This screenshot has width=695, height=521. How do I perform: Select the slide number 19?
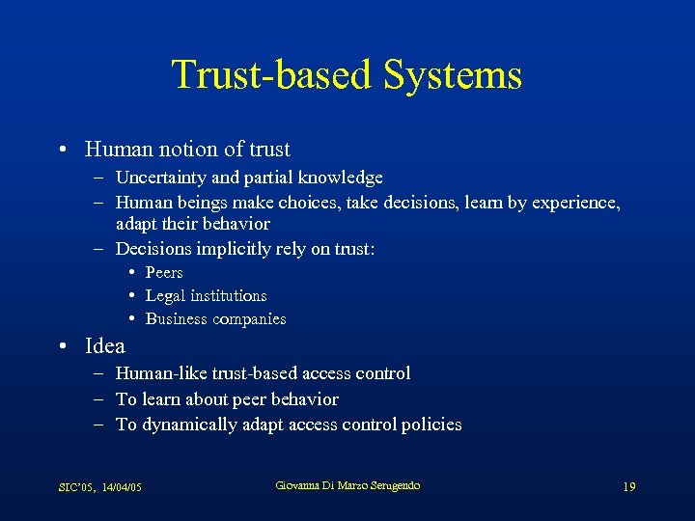coord(629,487)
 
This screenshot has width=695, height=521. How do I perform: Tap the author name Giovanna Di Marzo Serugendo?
coord(347,485)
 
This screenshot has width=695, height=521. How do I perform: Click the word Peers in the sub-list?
coord(164,273)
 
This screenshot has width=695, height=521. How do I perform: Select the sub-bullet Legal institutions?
coord(206,296)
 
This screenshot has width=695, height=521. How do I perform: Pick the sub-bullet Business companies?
coord(215,319)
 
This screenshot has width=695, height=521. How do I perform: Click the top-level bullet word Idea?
coord(104,346)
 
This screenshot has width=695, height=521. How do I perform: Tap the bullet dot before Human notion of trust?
coord(62,151)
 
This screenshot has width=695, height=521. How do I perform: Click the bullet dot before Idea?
coord(62,347)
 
